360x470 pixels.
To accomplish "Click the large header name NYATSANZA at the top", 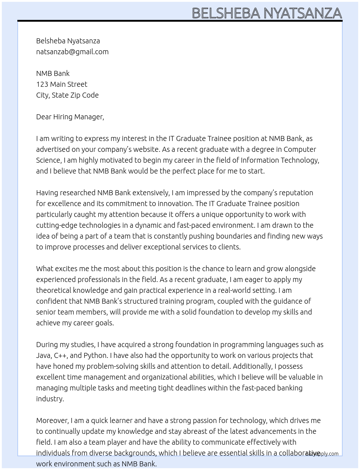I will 303,13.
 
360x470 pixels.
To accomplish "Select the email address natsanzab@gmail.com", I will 72,52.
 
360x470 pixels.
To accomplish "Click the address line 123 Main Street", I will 61,84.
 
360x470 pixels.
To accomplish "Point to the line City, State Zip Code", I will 67,95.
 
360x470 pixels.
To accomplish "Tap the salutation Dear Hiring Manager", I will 70,117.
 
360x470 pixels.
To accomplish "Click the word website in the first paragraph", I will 145,149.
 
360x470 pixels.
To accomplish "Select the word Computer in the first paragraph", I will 300,149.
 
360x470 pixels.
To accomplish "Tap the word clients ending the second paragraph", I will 229,247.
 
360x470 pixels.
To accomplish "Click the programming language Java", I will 43,355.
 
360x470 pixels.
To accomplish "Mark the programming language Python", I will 95,355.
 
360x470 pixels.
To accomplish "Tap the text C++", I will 60,355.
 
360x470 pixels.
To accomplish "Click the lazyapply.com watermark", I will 322,454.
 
